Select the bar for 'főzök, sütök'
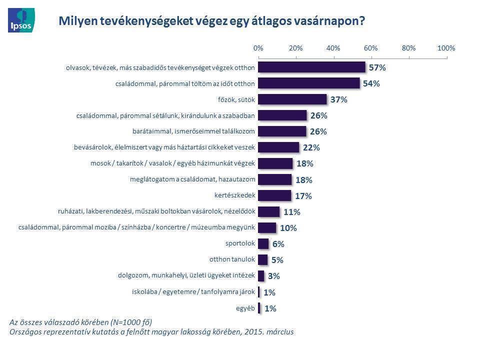292,99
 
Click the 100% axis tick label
446,48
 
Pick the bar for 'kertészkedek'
274,195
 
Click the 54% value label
371,83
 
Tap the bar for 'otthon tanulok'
262,259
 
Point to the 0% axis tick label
258,48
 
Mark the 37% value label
338,99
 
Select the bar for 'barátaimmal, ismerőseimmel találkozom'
282,131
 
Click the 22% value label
311,147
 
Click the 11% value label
291,212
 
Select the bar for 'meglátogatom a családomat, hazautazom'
274,179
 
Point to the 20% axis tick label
295,48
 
